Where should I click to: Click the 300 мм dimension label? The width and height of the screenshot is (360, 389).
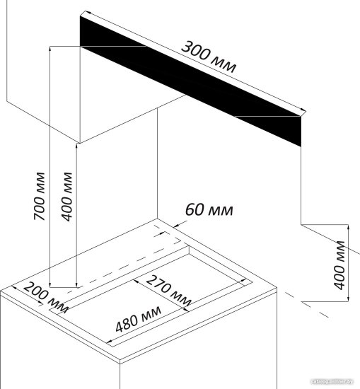(209, 57)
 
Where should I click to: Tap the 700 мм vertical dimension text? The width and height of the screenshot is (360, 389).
(40, 196)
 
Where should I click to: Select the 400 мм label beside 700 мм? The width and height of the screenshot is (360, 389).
(66, 197)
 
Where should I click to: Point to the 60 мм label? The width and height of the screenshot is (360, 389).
(209, 210)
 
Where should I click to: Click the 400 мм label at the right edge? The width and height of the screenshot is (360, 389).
(340, 265)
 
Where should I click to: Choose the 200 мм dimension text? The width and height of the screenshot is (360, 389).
(46, 298)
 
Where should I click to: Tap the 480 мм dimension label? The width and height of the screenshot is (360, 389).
(139, 319)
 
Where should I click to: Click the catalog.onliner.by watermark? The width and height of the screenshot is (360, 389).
(332, 381)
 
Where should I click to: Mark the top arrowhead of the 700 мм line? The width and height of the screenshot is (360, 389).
(50, 48)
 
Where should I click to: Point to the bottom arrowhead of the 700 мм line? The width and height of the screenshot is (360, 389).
(50, 285)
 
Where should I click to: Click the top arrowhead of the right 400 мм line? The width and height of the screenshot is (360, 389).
(348, 227)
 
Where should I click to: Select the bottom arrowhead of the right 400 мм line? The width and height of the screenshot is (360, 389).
(348, 298)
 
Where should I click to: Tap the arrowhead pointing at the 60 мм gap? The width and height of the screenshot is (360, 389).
(176, 225)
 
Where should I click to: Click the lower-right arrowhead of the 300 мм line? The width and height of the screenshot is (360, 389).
(303, 110)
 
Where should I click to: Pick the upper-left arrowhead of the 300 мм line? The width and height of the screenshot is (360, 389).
(86, 13)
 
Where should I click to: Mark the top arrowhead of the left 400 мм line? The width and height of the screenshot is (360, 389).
(76, 146)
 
